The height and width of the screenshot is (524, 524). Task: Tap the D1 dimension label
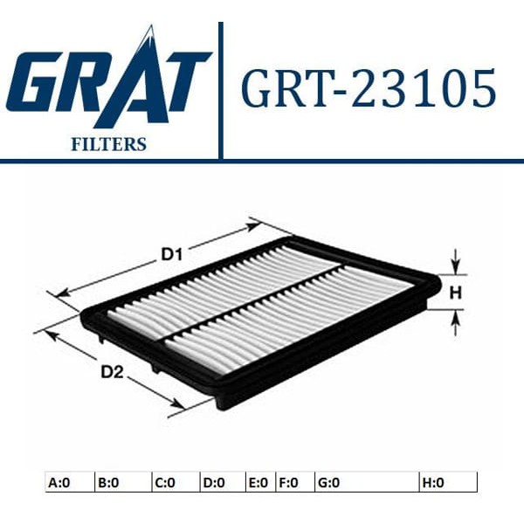tap(170, 255)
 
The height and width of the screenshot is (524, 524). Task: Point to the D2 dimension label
tap(111, 372)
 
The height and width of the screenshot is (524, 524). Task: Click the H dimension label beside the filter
tap(454, 293)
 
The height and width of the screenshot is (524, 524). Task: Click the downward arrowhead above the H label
tap(454, 265)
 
